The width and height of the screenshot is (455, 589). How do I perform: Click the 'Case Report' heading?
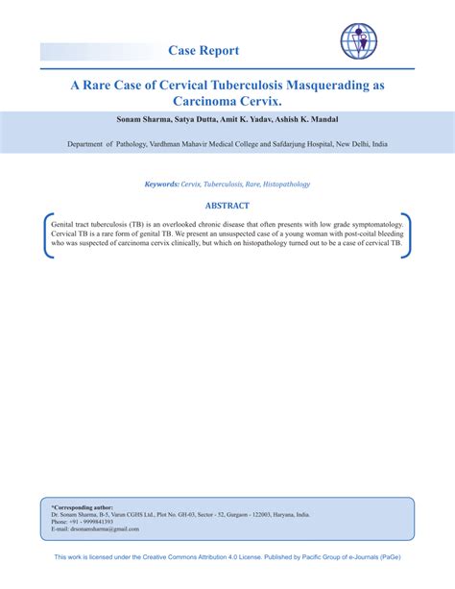tap(203, 50)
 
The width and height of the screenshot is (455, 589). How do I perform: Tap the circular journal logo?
tap(361, 40)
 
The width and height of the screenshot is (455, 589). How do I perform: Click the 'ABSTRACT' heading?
tap(227, 206)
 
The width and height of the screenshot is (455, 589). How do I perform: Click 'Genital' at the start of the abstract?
tap(64, 222)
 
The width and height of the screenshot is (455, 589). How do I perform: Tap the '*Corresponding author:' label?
tap(82, 506)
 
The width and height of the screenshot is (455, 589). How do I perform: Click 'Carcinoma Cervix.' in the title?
tap(227, 101)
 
